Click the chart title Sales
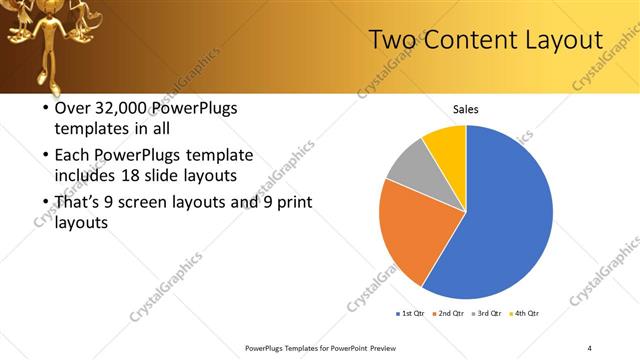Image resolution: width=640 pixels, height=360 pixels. (x=466, y=108)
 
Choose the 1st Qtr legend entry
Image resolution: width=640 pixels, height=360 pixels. (x=410, y=314)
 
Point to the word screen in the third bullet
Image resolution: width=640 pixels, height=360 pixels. (x=162, y=203)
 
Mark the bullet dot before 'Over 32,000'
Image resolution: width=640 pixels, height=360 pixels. (x=45, y=109)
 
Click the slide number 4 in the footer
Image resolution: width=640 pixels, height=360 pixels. (x=590, y=347)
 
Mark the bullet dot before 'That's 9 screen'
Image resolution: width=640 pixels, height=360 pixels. (x=45, y=203)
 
